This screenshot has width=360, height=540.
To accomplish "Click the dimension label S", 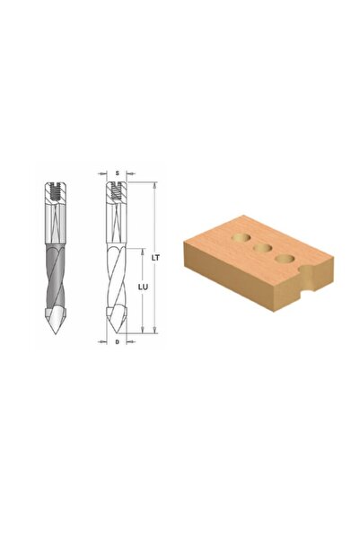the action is coord(118,173).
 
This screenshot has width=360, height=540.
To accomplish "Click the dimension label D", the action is coord(118,342).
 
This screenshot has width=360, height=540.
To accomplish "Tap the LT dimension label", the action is coord(155,257).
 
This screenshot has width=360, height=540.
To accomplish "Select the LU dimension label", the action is coord(143,287).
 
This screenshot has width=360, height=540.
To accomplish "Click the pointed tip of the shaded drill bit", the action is coord(55,333).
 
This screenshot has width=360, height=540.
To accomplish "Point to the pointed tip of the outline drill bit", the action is coord(118,333).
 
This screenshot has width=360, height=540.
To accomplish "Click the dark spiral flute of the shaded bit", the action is coord(55,276).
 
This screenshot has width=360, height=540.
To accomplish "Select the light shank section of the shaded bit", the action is coord(55,224).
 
